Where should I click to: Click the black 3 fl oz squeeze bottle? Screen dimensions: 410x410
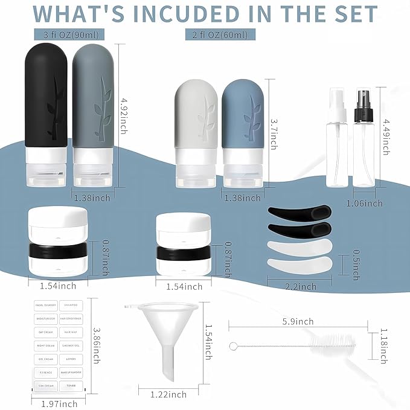point(48,115)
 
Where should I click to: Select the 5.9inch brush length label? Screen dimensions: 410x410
point(298,321)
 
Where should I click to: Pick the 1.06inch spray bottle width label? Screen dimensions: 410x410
point(365,203)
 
